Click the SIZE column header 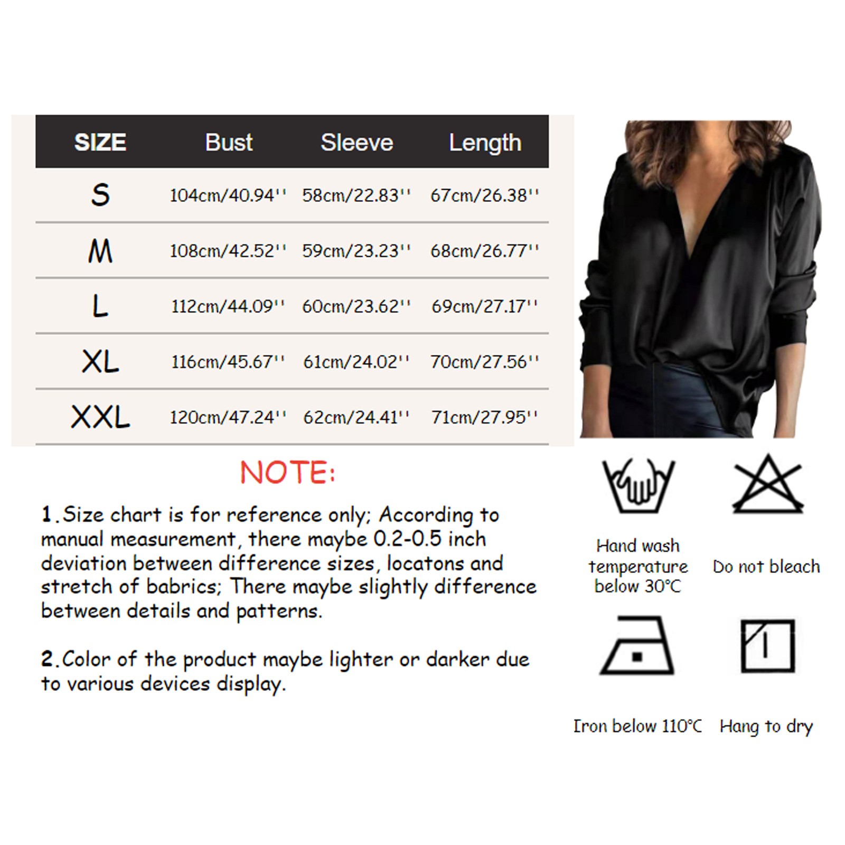click(x=100, y=142)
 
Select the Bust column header click(x=229, y=142)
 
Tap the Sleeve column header click(x=357, y=142)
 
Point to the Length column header click(x=485, y=143)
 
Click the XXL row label click(x=100, y=417)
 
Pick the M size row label click(x=100, y=251)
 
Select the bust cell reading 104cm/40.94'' click(x=228, y=195)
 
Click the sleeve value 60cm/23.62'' click(x=356, y=306)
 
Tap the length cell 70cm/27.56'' click(x=485, y=362)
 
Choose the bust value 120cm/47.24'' click(x=228, y=417)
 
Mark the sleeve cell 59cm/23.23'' click(x=356, y=251)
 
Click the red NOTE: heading click(x=288, y=472)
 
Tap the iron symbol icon click(x=637, y=645)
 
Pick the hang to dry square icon click(x=767, y=645)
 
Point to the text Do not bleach click(x=766, y=567)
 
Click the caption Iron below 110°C click(x=638, y=726)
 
